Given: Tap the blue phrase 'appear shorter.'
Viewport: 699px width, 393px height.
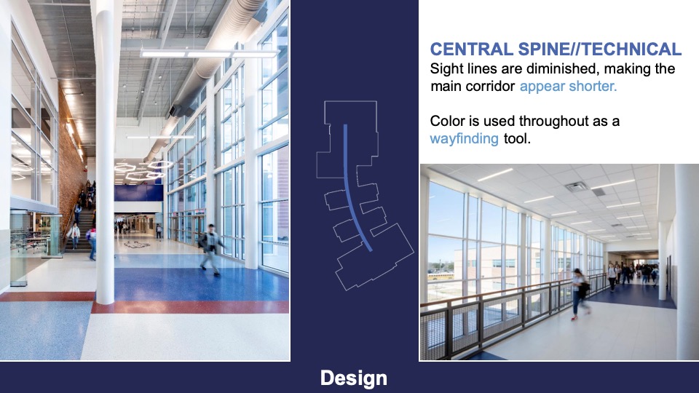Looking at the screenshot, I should (x=568, y=87).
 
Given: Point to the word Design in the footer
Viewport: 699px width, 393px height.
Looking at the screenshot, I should (x=353, y=378).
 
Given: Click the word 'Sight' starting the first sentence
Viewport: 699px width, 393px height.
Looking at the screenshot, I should (x=446, y=69).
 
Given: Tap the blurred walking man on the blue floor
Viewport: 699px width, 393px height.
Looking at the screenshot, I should (x=210, y=249).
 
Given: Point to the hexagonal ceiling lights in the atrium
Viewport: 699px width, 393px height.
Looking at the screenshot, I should (x=142, y=170).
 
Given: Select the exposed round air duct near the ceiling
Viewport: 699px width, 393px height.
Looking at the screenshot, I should (x=218, y=58).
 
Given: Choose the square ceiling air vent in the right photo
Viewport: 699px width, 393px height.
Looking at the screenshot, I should (x=576, y=186).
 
